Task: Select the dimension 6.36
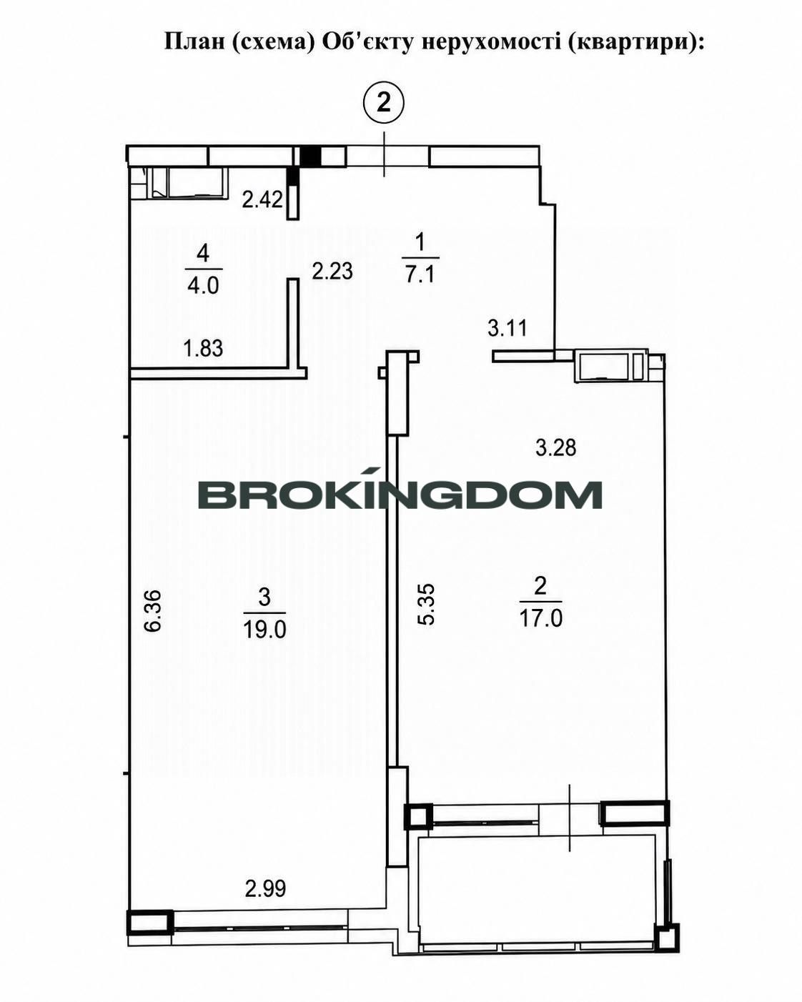tap(153, 610)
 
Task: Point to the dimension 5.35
tap(426, 603)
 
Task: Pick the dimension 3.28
tap(556, 447)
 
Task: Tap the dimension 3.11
tap(508, 328)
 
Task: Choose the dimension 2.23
tap(332, 271)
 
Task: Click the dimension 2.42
tap(262, 199)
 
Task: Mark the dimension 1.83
tap(203, 348)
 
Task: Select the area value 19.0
tap(264, 630)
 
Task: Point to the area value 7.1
tap(420, 274)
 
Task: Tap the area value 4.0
tap(203, 285)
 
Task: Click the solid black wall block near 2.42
tap(310, 156)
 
